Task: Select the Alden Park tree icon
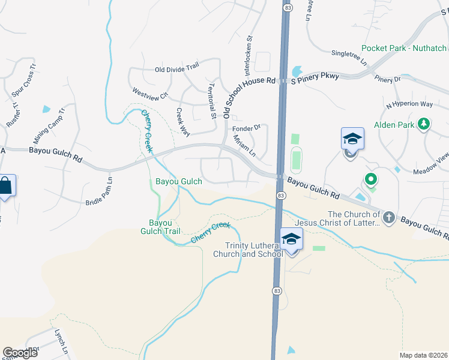pyautogui.click(x=424, y=124)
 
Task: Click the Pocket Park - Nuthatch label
pyautogui.click(x=405, y=49)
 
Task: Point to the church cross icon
pyautogui.click(x=389, y=217)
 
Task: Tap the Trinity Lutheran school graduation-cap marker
pyautogui.click(x=292, y=239)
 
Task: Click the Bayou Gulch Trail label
pyautogui.click(x=160, y=227)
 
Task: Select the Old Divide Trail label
pyautogui.click(x=176, y=69)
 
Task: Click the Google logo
pyautogui.click(x=20, y=353)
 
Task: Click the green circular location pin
pyautogui.click(x=371, y=179)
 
